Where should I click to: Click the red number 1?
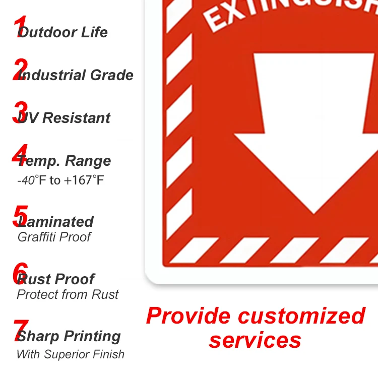(x=20, y=27)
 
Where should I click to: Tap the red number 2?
(x=20, y=70)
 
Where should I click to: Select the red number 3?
(x=20, y=112)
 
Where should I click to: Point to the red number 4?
(x=20, y=155)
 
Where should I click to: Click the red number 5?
(x=20, y=216)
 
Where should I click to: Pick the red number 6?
(x=20, y=273)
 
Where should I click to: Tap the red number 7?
(x=20, y=331)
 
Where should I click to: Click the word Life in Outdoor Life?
(x=93, y=32)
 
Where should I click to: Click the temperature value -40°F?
(x=32, y=180)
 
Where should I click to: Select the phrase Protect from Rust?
(x=68, y=294)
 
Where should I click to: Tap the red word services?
(x=255, y=340)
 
